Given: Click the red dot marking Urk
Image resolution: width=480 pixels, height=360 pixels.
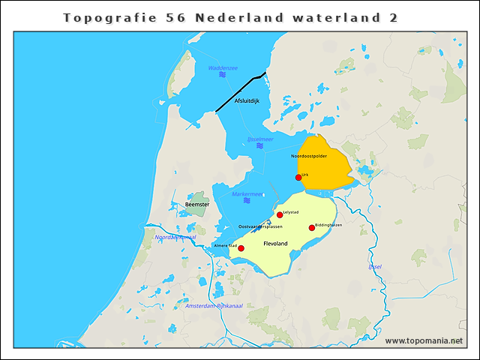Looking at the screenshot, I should (x=298, y=178).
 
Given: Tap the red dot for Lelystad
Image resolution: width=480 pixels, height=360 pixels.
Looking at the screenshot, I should (x=280, y=214).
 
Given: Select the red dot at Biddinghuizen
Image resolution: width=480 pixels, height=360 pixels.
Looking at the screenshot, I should (x=312, y=228).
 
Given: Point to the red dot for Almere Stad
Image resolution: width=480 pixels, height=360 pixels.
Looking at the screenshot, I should (x=241, y=248).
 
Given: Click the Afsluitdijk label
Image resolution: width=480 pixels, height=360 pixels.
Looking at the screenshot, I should (x=247, y=100).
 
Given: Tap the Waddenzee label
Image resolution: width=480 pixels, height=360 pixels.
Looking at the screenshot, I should (x=223, y=68).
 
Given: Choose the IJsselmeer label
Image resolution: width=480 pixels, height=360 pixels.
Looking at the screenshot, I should (x=260, y=139).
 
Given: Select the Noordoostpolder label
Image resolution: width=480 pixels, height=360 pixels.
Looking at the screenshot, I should (x=309, y=156).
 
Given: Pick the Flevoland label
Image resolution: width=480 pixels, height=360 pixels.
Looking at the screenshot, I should (x=275, y=244).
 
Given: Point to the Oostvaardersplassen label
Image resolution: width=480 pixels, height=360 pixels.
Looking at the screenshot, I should (x=260, y=226).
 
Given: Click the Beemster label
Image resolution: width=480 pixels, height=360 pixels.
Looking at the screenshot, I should (x=196, y=204).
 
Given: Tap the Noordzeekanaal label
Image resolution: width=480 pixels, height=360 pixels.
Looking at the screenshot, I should (x=175, y=237).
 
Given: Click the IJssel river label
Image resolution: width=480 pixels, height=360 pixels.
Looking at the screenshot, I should (x=375, y=266).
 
